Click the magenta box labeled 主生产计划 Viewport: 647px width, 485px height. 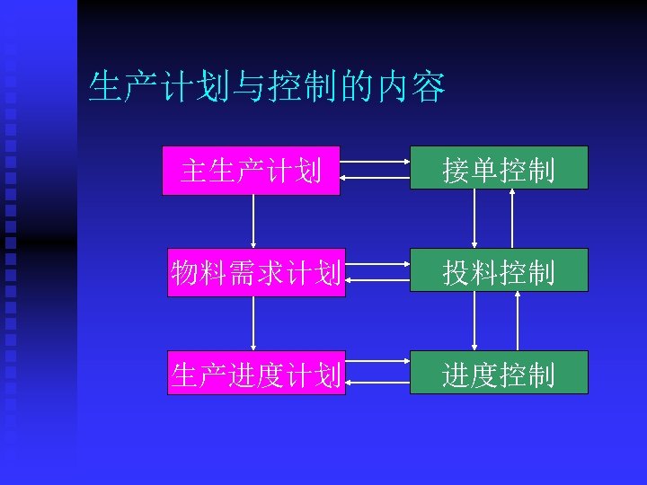tap(251, 170)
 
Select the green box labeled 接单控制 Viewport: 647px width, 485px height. tap(499, 167)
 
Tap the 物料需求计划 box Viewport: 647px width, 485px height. tap(256, 272)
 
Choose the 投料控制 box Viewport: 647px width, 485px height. tap(499, 269)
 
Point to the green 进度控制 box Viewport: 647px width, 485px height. tap(499, 372)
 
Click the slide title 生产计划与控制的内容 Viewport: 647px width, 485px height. tap(267, 88)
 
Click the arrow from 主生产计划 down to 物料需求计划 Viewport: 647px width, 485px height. tap(253, 221)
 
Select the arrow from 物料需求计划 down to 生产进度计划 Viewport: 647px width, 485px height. tap(253, 323)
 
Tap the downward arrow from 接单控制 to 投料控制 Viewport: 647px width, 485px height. tap(474, 218)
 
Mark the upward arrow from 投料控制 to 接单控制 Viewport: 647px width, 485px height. tap(512, 218)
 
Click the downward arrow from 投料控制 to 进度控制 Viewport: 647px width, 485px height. tap(474, 321)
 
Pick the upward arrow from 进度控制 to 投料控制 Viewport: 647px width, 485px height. tap(518, 321)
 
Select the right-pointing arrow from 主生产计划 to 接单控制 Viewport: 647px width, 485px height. tap(376, 163)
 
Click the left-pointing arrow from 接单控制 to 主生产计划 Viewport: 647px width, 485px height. tap(376, 178)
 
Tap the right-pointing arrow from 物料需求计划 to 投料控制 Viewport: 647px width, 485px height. tap(377, 265)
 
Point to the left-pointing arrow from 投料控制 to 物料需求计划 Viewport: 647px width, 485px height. tap(377, 280)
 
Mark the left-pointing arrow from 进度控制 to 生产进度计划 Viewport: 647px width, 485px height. tap(377, 383)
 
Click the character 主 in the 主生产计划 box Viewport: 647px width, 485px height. tap(192, 170)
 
